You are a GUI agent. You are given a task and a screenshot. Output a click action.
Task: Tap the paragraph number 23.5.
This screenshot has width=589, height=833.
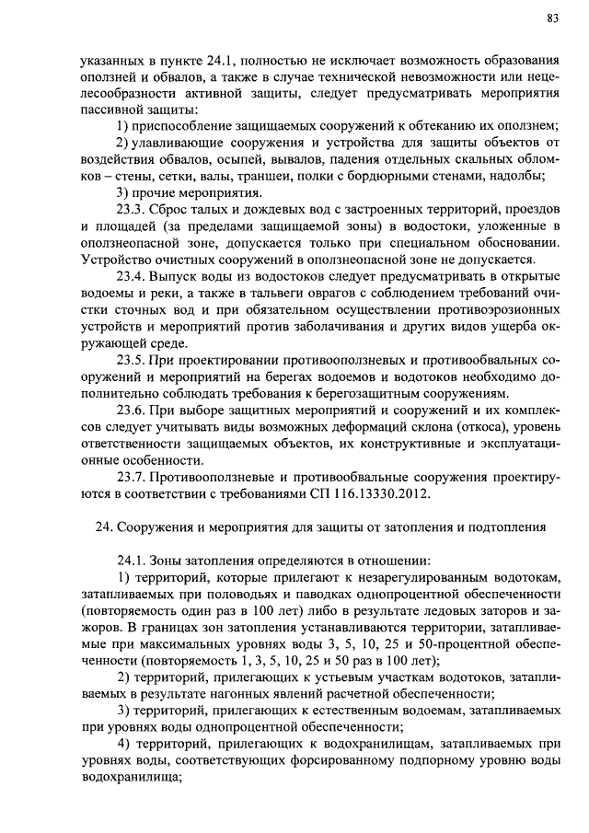(x=132, y=359)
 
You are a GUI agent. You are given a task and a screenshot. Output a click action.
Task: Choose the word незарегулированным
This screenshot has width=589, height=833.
(x=403, y=576)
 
